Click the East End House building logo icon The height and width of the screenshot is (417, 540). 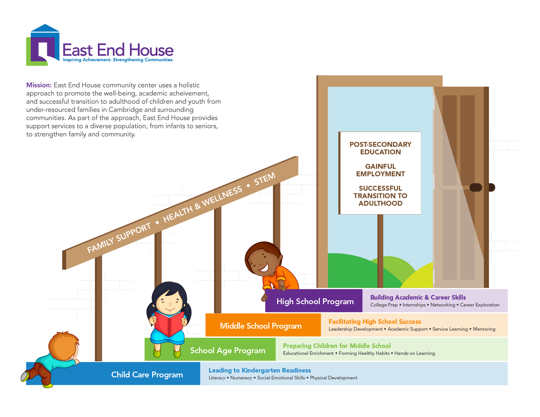[43, 45]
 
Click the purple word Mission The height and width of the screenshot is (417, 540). [39, 85]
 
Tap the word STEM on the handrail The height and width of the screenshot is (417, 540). [265, 179]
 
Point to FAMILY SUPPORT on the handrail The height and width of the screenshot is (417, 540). [119, 237]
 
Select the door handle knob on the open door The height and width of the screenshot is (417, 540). [476, 187]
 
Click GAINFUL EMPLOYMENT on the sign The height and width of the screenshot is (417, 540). [380, 170]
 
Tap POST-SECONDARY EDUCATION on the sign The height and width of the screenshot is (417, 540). [380, 148]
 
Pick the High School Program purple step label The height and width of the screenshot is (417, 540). [314, 301]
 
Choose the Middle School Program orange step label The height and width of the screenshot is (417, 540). [263, 325]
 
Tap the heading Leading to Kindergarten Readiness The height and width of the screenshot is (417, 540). [260, 370]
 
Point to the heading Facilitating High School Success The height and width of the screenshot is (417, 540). [375, 321]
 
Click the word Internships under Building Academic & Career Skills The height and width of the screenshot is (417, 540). [414, 305]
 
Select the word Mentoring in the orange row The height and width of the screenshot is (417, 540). [484, 329]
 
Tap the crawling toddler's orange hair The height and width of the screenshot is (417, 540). [64, 345]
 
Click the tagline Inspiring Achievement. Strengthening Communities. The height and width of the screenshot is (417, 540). [118, 60]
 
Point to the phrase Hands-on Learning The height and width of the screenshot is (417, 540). [415, 353]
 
